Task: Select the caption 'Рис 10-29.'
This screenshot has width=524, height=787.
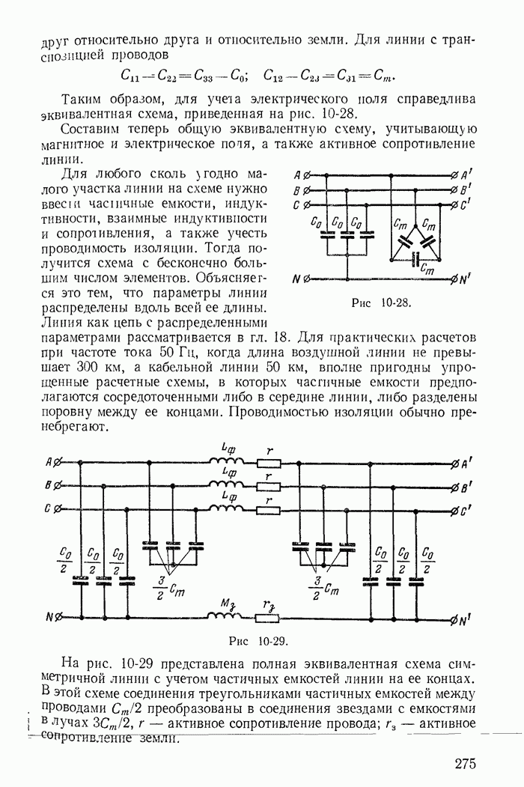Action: [258, 642]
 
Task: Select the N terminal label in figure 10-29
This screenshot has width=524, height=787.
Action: [49, 618]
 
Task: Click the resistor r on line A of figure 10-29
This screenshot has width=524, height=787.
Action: [267, 464]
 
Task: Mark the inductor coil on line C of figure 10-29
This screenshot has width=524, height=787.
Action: [222, 509]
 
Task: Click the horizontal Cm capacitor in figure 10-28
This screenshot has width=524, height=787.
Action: [416, 261]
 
